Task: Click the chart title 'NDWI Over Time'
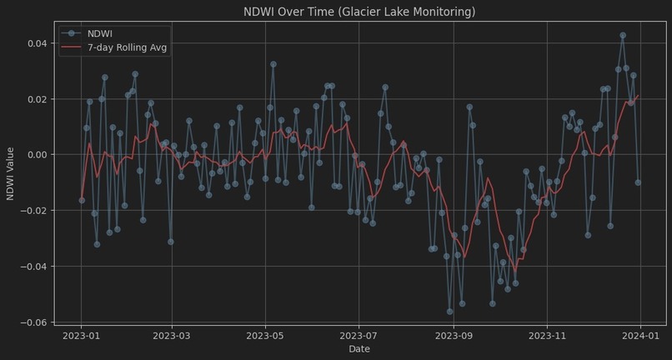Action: click(359, 12)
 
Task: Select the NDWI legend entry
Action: click(101, 33)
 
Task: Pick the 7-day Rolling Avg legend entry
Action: click(127, 47)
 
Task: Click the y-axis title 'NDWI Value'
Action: click(11, 173)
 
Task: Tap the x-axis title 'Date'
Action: click(359, 349)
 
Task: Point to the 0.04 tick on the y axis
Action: click(38, 43)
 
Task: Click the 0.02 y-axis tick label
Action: click(38, 99)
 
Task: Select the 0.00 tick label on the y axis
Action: click(38, 155)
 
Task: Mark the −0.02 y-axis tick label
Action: click(35, 211)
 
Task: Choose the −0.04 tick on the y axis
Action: click(35, 267)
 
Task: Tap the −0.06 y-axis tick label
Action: click(35, 322)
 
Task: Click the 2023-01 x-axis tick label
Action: click(81, 335)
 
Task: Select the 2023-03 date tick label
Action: click(172, 335)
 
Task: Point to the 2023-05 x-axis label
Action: click(265, 335)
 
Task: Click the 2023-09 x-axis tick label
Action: click(454, 335)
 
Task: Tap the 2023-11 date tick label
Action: click(547, 335)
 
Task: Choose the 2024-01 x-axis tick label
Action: click(640, 335)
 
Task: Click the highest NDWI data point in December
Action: click(623, 36)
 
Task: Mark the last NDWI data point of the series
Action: click(638, 182)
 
